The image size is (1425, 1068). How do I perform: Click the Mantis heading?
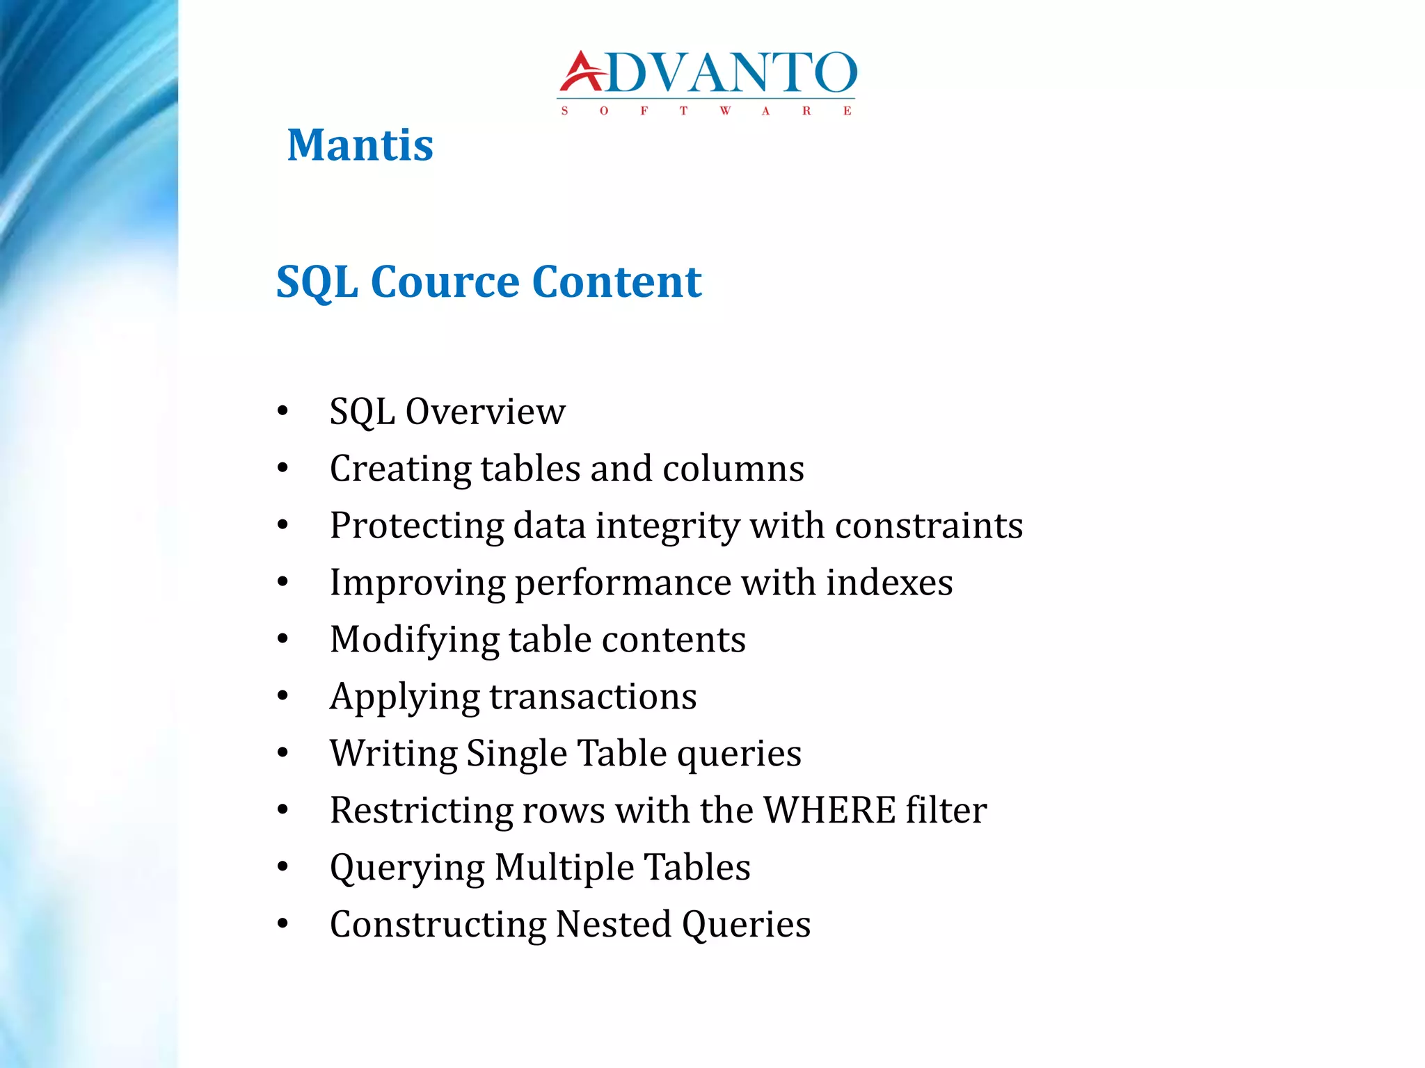[360, 145]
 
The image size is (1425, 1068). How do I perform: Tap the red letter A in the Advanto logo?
[582, 72]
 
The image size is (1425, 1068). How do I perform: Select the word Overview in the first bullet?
[485, 412]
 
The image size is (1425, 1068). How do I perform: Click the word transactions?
[593, 697]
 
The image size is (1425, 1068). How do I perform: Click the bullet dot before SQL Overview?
[282, 412]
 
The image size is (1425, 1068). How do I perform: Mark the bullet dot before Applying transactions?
[282, 697]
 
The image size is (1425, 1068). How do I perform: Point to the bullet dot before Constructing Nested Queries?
[282, 925]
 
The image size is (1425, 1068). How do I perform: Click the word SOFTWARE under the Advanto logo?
[706, 111]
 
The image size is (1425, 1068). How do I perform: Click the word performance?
[622, 583]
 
